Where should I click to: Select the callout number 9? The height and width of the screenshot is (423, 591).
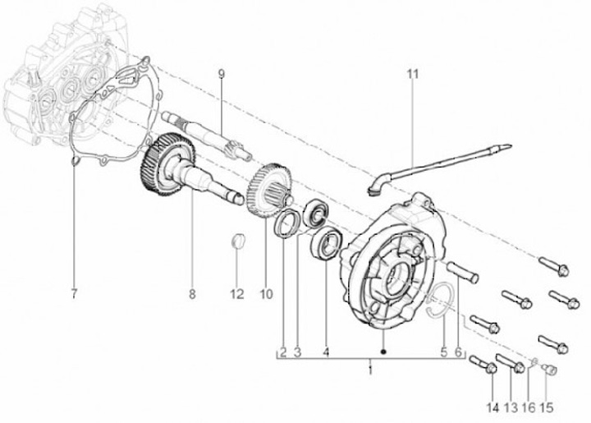click(x=221, y=75)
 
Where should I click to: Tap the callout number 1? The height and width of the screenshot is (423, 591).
click(x=370, y=371)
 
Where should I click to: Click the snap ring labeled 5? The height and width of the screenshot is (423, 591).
click(x=441, y=299)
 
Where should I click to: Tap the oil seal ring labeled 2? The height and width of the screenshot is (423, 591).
click(x=286, y=224)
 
